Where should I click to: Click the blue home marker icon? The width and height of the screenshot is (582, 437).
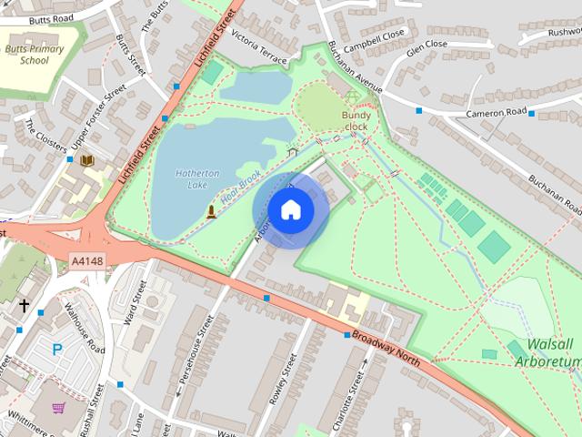click(x=290, y=209)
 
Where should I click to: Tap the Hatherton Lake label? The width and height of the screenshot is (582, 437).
click(x=191, y=178)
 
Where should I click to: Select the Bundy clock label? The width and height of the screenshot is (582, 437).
click(x=356, y=121)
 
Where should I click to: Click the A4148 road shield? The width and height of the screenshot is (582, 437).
click(x=87, y=262)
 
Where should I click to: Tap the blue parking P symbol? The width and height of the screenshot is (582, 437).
click(x=57, y=348)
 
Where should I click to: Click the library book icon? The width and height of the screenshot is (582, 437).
click(x=87, y=161)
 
